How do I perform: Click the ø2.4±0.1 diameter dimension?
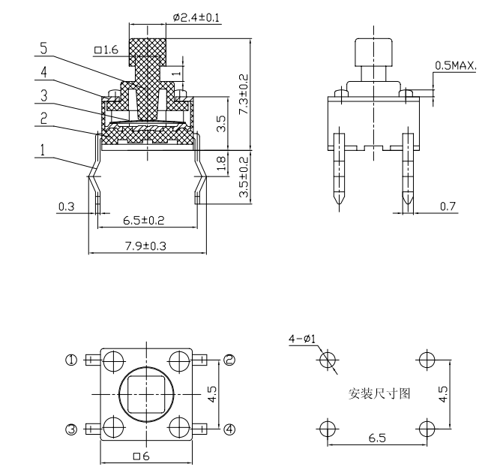coord(196,17)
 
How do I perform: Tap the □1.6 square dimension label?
coord(106,50)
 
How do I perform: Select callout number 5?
coord(43,49)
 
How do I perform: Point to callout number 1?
coord(42,150)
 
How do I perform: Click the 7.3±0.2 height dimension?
coord(244,94)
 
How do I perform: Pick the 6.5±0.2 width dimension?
coord(143,221)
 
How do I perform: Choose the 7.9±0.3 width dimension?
coord(145,246)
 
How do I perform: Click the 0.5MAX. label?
coord(455,65)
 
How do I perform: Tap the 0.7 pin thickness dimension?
coord(448,206)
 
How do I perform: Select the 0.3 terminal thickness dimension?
coord(66,206)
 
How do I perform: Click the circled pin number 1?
coord(71,360)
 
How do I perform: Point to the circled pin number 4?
coord(229,429)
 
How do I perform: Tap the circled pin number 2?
coord(229,360)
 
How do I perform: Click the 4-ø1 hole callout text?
coord(302,339)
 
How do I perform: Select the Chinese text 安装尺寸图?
coord(379,393)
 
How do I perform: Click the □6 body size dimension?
coord(142,456)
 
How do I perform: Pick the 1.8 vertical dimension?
coord(220,164)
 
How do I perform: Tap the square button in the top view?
coord(146,394)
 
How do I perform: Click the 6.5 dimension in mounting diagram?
coord(377,438)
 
